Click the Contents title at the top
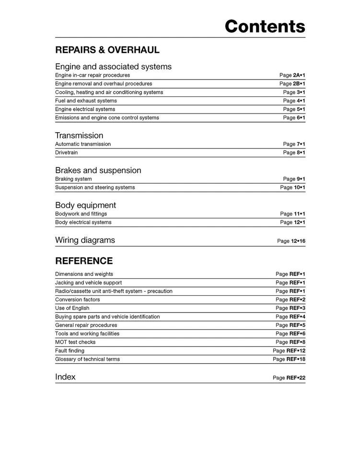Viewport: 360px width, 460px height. [x=265, y=26]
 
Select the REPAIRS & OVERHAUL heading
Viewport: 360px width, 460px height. [x=107, y=50]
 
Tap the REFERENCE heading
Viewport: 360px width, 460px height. [x=84, y=261]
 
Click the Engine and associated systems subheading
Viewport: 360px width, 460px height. [x=113, y=67]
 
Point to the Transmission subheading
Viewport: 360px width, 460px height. [x=79, y=136]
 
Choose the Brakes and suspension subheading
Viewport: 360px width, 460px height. [x=98, y=171]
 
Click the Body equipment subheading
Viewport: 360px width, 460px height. [x=85, y=205]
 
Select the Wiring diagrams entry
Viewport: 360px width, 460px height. [x=85, y=240]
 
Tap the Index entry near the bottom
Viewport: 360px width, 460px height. [x=65, y=377]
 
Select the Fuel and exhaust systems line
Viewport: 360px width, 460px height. [x=86, y=101]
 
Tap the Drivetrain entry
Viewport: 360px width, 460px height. [x=66, y=153]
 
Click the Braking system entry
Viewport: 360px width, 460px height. [x=73, y=179]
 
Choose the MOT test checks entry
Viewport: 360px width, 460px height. [x=75, y=342]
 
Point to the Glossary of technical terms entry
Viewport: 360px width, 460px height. [x=87, y=359]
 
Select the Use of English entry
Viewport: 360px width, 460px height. [x=72, y=308]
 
